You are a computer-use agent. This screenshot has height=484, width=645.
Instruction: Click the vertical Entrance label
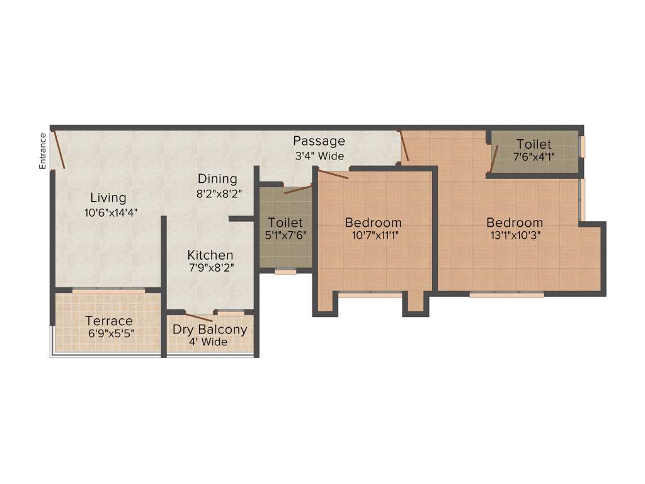pos(43,151)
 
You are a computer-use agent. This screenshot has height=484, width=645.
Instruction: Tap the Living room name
pos(108,198)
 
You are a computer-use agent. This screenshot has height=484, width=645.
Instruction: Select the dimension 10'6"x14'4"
pos(111,213)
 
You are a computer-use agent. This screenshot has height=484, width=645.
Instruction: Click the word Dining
pos(217,179)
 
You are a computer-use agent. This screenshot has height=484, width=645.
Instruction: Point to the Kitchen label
pos(210,255)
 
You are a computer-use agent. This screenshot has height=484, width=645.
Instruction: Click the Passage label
pos(319,141)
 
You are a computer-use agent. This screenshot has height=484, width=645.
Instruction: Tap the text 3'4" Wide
pos(319,156)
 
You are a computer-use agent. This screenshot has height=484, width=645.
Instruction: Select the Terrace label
pos(109,321)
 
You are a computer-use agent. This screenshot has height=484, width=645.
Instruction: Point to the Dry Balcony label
pos(210,330)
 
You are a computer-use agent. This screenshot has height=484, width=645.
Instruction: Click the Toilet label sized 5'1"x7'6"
pos(285,222)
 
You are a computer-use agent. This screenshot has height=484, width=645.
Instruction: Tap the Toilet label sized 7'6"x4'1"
pos(534,144)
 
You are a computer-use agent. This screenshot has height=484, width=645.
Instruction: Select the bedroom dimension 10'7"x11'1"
pos(373,237)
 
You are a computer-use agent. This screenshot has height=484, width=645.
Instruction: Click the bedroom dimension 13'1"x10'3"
pos(514,237)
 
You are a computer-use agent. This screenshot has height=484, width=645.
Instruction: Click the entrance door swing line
pos(59,149)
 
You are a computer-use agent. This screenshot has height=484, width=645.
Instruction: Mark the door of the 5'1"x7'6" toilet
pos(297,189)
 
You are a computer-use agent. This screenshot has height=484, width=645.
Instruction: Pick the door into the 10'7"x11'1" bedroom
pos(333,175)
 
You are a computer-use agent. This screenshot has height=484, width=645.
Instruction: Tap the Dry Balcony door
pos(198,317)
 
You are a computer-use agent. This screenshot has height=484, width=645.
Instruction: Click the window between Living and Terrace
pos(108,291)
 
